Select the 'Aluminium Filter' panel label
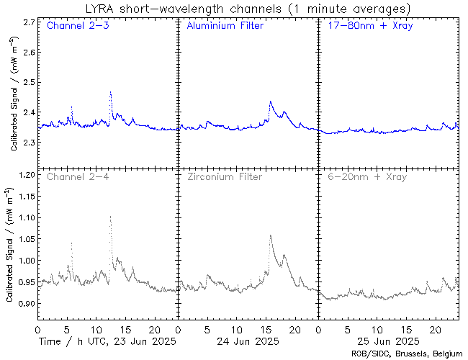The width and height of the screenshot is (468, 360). click(x=225, y=26)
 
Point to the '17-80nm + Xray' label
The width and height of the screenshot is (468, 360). click(x=364, y=26)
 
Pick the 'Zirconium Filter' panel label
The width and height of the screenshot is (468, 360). click(x=225, y=176)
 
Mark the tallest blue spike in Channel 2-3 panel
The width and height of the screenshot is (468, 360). click(x=110, y=93)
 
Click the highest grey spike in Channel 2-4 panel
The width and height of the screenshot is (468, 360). click(x=110, y=216)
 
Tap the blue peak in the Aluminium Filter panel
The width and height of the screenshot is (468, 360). click(x=270, y=102)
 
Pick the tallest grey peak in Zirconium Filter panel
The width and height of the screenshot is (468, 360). click(x=270, y=235)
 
